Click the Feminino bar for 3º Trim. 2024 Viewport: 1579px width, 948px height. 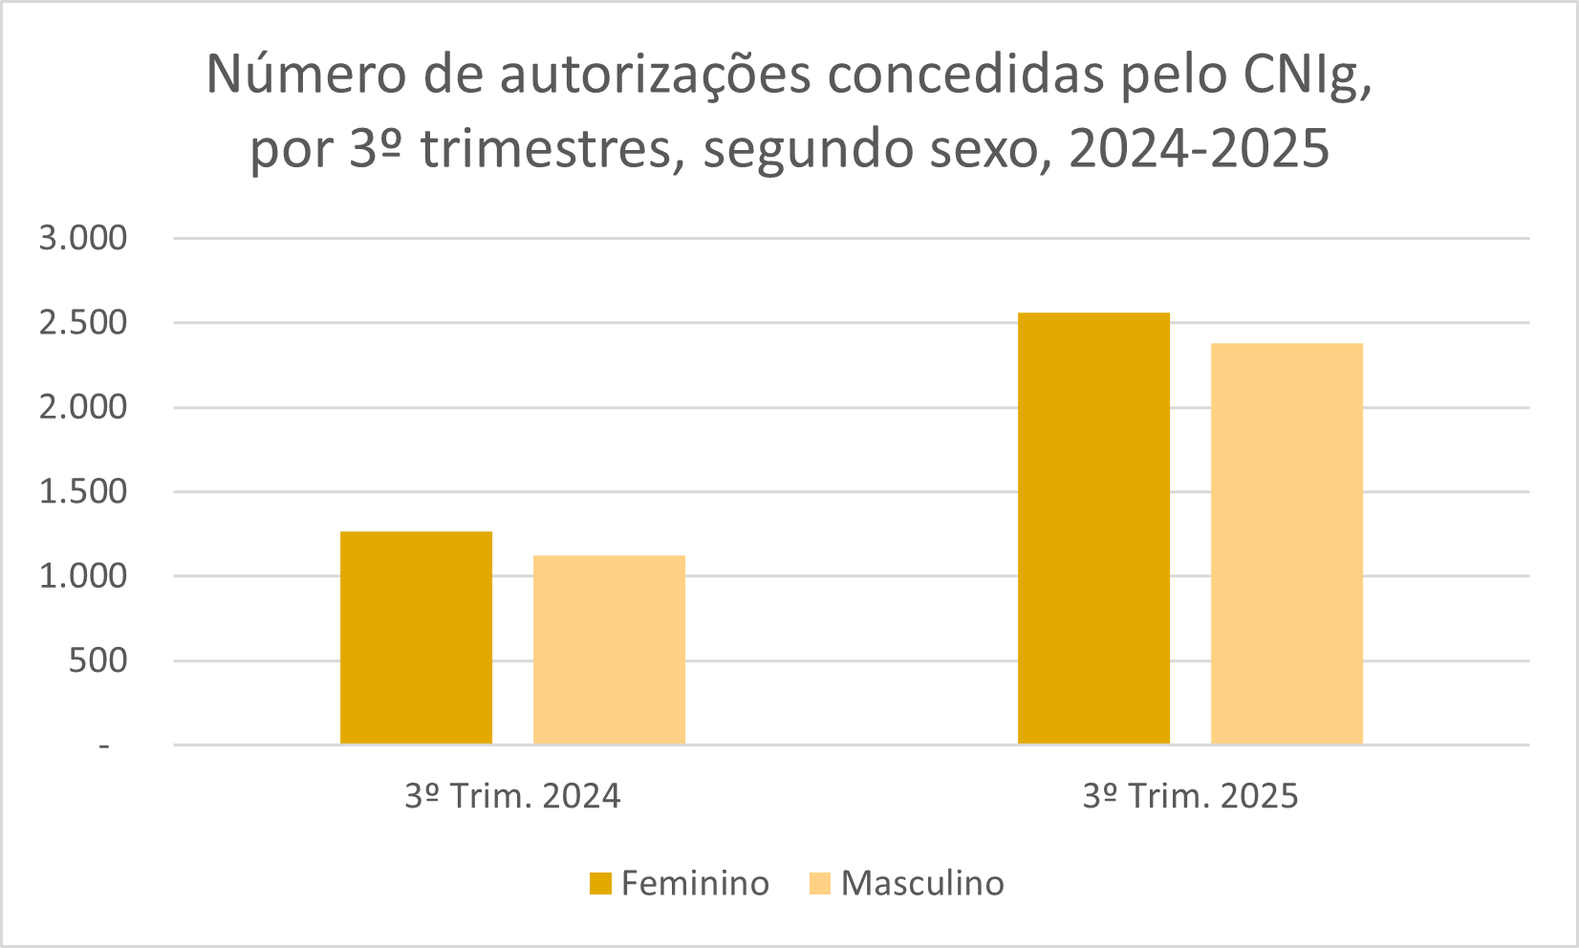(416, 637)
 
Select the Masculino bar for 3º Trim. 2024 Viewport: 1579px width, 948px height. (609, 650)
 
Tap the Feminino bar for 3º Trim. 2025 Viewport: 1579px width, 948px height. (1093, 528)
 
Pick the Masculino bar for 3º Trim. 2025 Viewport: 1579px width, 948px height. (1287, 544)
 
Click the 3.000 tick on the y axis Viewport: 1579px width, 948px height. (83, 238)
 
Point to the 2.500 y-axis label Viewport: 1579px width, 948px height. (83, 323)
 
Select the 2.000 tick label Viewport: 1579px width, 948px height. (83, 407)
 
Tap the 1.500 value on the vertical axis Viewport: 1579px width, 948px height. (83, 491)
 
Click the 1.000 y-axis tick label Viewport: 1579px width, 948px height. (83, 576)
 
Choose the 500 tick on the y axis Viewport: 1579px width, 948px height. (97, 660)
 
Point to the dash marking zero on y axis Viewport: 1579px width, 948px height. (104, 745)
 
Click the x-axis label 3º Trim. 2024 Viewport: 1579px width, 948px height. (512, 796)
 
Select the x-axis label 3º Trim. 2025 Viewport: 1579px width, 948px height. (1190, 796)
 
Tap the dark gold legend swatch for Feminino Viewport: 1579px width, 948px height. (600, 883)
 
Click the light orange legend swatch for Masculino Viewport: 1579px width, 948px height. (820, 883)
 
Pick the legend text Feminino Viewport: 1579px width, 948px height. (695, 883)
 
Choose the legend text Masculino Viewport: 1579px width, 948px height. (922, 883)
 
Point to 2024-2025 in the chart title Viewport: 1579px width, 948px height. (1199, 149)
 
